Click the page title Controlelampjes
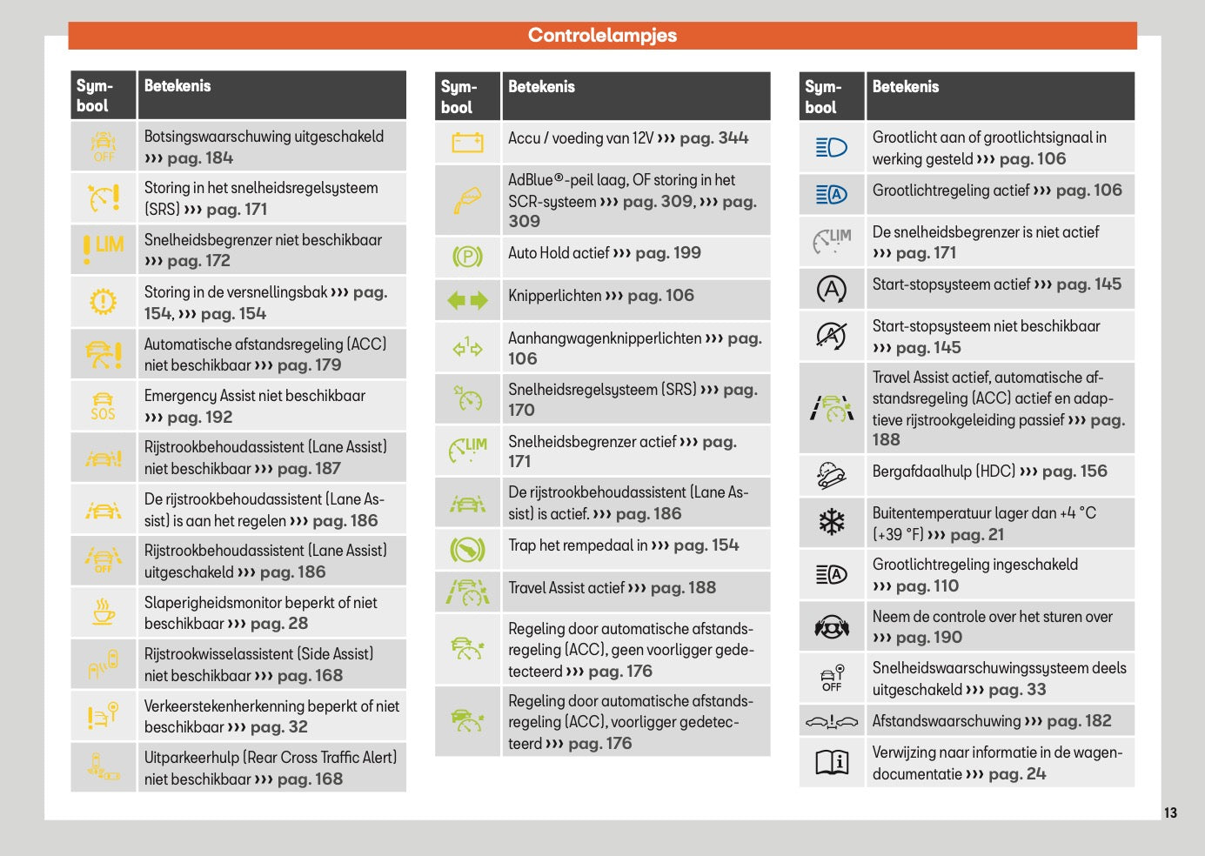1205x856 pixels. click(x=602, y=36)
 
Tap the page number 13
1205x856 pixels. click(x=1170, y=813)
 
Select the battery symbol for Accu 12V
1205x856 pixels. click(x=467, y=142)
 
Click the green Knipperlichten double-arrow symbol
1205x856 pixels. click(x=467, y=301)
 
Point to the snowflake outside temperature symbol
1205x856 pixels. click(x=832, y=522)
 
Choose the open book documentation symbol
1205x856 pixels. click(x=832, y=763)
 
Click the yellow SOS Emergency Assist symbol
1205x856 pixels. click(x=103, y=406)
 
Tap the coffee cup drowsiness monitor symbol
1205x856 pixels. click(x=104, y=612)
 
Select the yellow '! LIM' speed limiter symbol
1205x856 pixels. click(x=104, y=248)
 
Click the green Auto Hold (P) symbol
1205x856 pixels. click(x=467, y=257)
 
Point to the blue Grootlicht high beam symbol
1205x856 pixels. click(x=832, y=148)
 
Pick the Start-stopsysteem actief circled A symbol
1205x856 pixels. click(x=832, y=289)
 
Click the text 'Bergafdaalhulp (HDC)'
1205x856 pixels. click(x=943, y=471)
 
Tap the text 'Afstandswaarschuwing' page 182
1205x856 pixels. click(x=947, y=721)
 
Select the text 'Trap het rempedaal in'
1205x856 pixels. click(x=578, y=545)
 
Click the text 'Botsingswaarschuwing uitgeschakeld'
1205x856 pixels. click(x=264, y=137)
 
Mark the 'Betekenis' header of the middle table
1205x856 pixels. click(x=541, y=87)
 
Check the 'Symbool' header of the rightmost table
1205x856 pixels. click(x=822, y=97)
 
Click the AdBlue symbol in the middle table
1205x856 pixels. click(x=467, y=200)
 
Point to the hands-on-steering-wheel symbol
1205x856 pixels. click(x=832, y=626)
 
